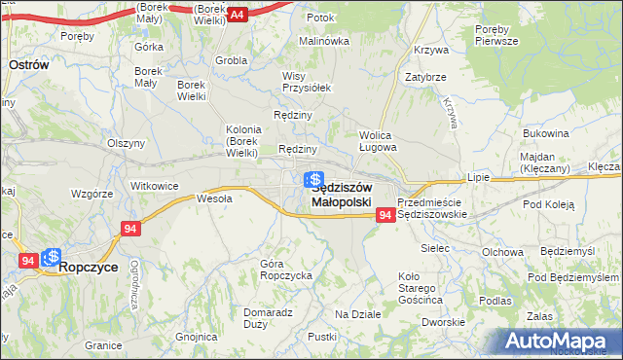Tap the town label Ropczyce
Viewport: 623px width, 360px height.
click(x=91, y=266)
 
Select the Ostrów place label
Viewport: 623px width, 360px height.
click(x=29, y=62)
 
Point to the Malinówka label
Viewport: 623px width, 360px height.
click(x=323, y=41)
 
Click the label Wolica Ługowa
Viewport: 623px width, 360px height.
click(x=378, y=141)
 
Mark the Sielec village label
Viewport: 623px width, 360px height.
click(x=434, y=248)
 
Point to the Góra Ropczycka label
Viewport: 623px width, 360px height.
click(x=285, y=270)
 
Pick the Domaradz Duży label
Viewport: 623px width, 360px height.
click(x=269, y=318)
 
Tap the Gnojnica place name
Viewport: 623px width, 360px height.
click(x=196, y=337)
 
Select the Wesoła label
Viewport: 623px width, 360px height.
click(x=214, y=198)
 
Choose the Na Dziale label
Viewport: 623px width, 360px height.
click(x=357, y=314)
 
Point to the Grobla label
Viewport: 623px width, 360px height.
click(x=232, y=59)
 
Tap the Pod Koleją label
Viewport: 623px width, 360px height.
click(x=549, y=205)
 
